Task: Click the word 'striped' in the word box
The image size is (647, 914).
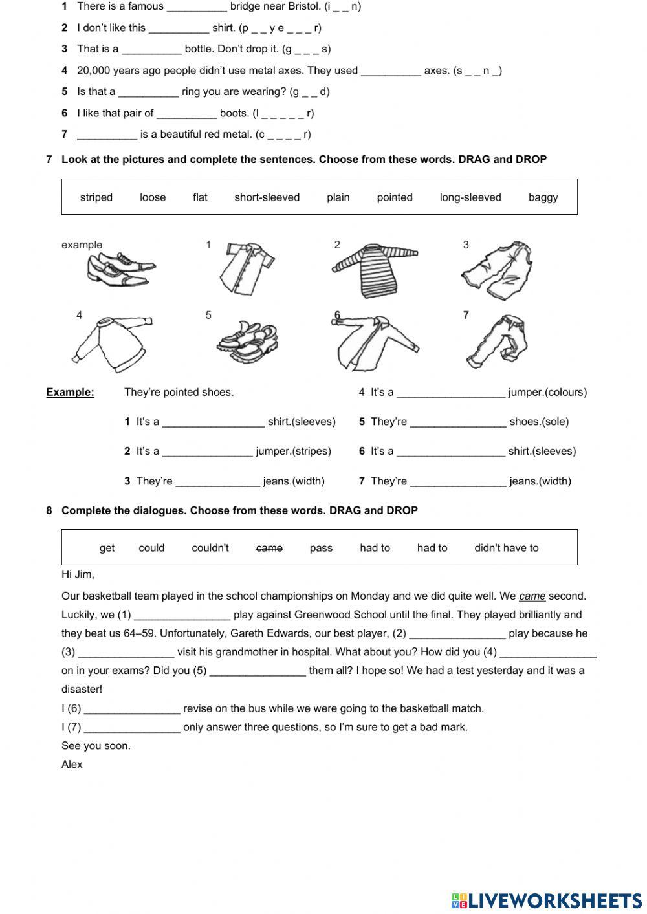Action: tap(96, 197)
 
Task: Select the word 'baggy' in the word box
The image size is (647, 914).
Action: tap(543, 197)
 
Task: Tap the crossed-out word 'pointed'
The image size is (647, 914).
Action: tap(395, 197)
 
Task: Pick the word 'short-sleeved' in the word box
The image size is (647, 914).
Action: tap(267, 197)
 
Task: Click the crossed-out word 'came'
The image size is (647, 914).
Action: tap(269, 548)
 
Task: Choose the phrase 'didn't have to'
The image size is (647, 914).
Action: tap(506, 548)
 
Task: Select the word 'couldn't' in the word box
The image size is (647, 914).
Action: tap(210, 548)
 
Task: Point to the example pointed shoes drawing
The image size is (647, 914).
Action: tap(120, 270)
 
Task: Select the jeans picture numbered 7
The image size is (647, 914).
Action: tap(497, 341)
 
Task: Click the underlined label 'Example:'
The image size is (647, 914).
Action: tap(70, 392)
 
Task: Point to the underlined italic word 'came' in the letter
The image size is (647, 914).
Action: tap(532, 596)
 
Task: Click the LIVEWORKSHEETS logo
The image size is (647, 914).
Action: tap(546, 900)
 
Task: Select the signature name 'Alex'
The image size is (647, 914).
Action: tap(72, 765)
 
